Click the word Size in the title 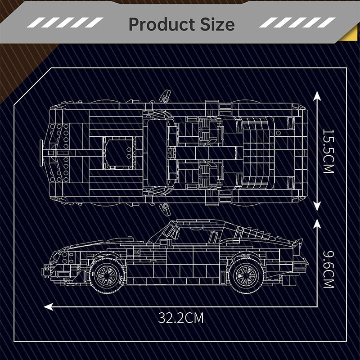[217, 24]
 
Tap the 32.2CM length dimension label [181, 318]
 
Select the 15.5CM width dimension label [328, 151]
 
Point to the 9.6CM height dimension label [328, 269]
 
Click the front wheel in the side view [107, 275]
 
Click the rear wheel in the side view [246, 275]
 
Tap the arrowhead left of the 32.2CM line [49, 306]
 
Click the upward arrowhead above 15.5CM [317, 95]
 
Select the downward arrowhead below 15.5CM [317, 207]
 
